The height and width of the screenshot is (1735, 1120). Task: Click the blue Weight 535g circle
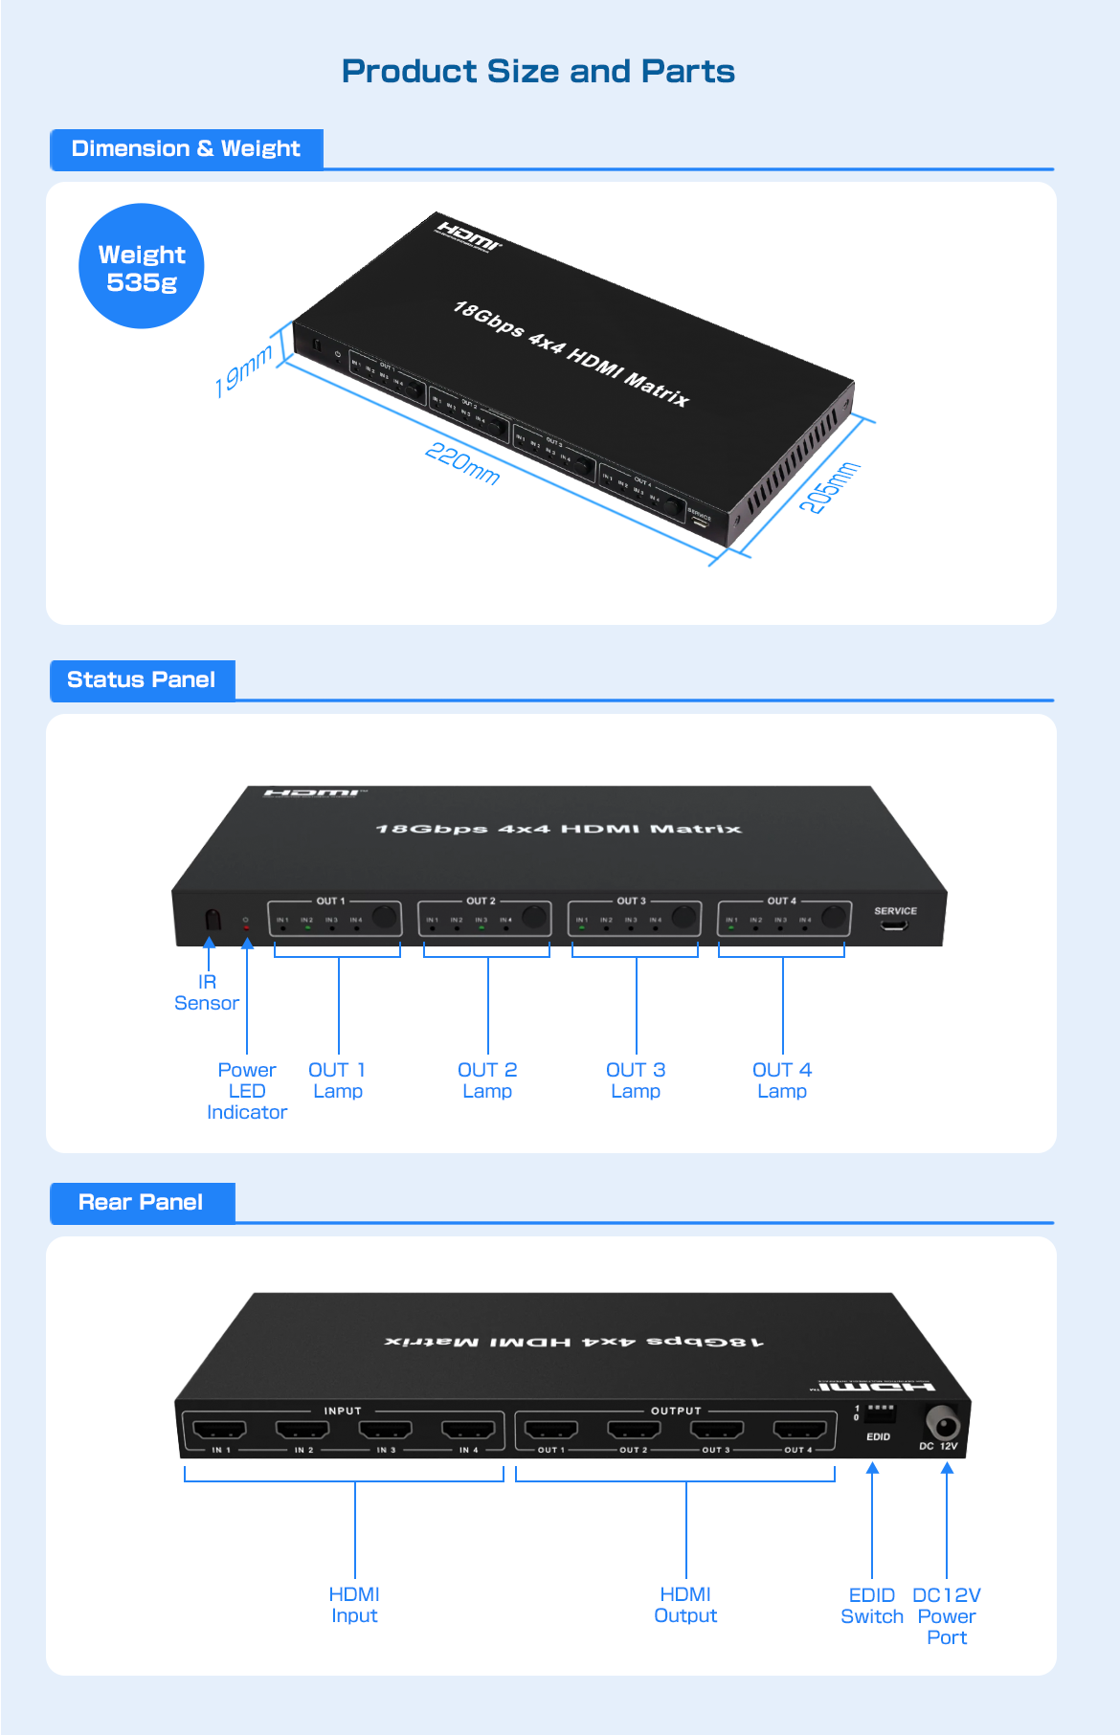pyautogui.click(x=142, y=267)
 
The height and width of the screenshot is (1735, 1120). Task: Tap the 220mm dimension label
pyautogui.click(x=462, y=463)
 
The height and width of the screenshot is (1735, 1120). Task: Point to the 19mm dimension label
pyautogui.click(x=243, y=371)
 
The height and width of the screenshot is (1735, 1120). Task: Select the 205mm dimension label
pyautogui.click(x=829, y=487)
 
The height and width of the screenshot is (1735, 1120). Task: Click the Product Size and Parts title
pyautogui.click(x=538, y=72)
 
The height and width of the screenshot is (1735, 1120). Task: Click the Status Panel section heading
pyautogui.click(x=142, y=680)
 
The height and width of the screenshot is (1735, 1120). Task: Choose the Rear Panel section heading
pyautogui.click(x=141, y=1203)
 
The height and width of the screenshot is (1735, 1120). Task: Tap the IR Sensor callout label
pyautogui.click(x=207, y=992)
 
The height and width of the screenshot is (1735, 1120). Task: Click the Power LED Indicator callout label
pyautogui.click(x=247, y=1091)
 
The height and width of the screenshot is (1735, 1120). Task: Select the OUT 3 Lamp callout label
pyautogui.click(x=636, y=1080)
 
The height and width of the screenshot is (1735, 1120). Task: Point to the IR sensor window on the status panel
pyautogui.click(x=213, y=920)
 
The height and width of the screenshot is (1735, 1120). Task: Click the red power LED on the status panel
pyautogui.click(x=246, y=927)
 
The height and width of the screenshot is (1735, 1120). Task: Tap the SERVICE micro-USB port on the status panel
pyautogui.click(x=895, y=925)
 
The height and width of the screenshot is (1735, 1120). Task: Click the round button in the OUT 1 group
pyautogui.click(x=385, y=917)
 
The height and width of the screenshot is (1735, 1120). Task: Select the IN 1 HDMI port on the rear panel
pyautogui.click(x=220, y=1431)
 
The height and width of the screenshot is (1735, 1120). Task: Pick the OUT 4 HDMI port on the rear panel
pyautogui.click(x=799, y=1431)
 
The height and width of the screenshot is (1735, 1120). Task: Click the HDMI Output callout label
pyautogui.click(x=685, y=1605)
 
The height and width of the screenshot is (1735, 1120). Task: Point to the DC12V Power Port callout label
pyautogui.click(x=947, y=1616)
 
